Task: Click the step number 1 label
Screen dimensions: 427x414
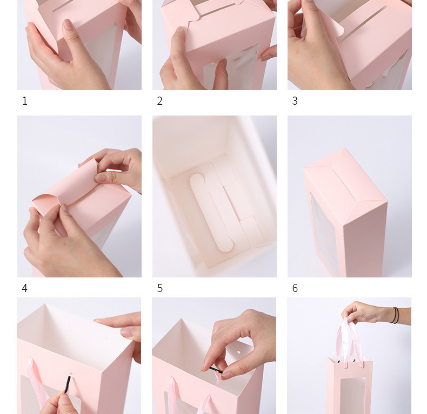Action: (25, 101)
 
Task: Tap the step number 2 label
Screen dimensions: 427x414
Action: (160, 101)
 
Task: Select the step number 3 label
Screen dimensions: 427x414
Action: (295, 101)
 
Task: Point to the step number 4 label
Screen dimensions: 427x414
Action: (24, 288)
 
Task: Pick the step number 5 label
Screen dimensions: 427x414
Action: (160, 288)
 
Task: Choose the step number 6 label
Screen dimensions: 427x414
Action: (295, 288)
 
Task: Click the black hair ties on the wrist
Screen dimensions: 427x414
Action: (395, 316)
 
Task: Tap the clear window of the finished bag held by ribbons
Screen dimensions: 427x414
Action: (352, 395)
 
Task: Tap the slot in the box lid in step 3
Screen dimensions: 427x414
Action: (363, 24)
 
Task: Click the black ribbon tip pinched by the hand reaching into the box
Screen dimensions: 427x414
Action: (216, 370)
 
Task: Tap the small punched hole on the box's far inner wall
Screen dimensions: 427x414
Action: (239, 352)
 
